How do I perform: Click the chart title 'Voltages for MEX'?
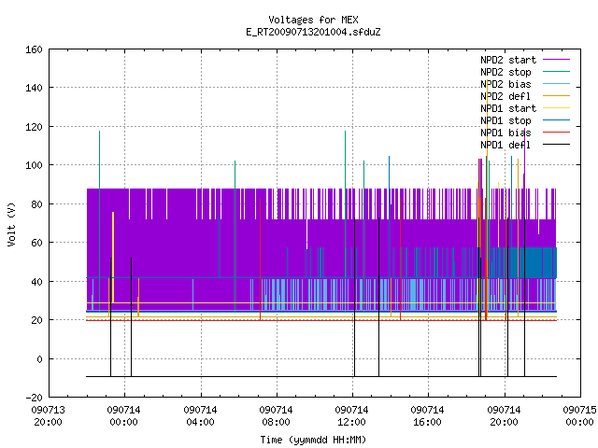point(313,20)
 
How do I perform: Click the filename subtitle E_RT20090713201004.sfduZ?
point(313,32)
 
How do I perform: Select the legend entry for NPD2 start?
point(508,60)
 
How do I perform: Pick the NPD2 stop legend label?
point(505,72)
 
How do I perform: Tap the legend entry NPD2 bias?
point(505,84)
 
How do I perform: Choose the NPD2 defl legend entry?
point(505,96)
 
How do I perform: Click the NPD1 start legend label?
point(508,108)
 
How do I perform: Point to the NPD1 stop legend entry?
point(505,120)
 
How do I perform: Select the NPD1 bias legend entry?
point(505,133)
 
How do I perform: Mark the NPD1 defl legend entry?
point(505,146)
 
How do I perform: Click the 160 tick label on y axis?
point(34,49)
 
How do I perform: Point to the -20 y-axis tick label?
point(34,398)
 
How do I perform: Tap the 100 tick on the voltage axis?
point(34,166)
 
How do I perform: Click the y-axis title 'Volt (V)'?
point(12,225)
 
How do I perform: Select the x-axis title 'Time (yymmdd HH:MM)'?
point(313,440)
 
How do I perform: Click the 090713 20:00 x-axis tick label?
point(48,416)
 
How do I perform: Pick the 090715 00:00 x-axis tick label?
point(579,416)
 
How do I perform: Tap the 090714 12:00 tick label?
point(351,416)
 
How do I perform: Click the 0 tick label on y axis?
point(39,359)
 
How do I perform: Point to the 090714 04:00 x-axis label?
point(200,416)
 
